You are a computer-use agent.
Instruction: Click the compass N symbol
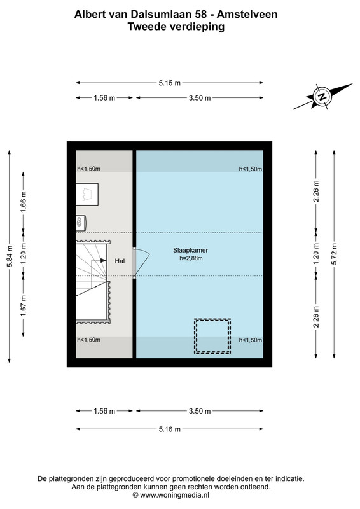click(x=322, y=97)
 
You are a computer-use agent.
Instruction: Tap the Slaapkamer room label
click(x=190, y=250)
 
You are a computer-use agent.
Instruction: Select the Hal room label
click(x=120, y=261)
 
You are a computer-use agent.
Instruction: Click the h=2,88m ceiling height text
click(x=191, y=258)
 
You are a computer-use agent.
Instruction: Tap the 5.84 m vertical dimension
click(x=10, y=256)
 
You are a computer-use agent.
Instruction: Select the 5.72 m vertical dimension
click(x=335, y=254)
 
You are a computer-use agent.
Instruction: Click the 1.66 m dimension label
click(x=24, y=202)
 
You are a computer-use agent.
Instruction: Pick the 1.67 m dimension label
click(x=24, y=306)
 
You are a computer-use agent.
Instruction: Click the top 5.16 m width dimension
click(x=169, y=83)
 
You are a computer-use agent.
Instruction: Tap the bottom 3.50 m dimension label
click(x=200, y=411)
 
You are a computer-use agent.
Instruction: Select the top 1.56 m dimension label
click(x=104, y=98)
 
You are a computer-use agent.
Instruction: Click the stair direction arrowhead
click(x=103, y=260)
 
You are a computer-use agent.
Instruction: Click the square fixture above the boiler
click(x=87, y=194)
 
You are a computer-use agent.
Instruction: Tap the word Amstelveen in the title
click(x=247, y=14)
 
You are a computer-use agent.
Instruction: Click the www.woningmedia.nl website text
click(x=174, y=495)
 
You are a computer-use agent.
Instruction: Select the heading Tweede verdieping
click(x=176, y=26)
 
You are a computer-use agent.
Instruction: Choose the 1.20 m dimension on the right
click(x=317, y=254)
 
